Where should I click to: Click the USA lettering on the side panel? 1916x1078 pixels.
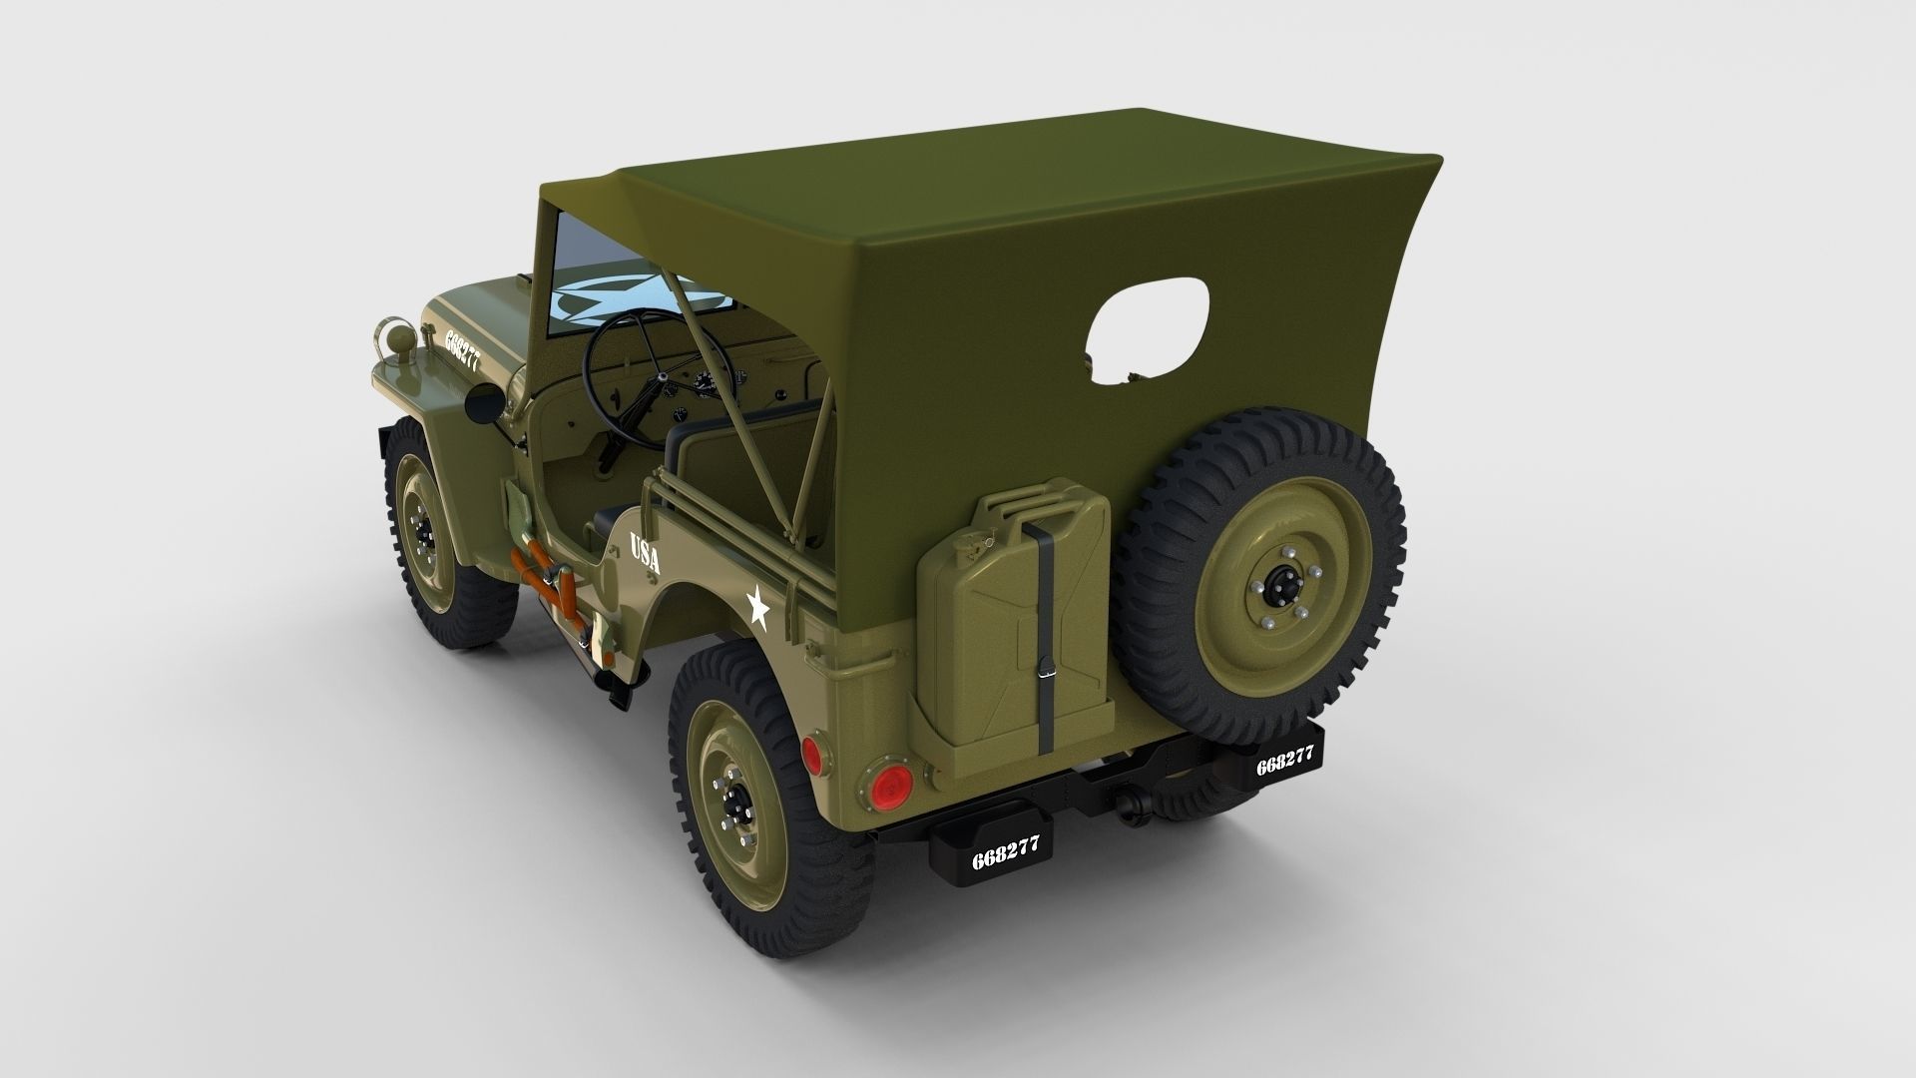click(645, 553)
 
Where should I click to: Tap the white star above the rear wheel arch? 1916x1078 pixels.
click(756, 606)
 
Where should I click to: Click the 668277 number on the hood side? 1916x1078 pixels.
click(462, 349)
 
